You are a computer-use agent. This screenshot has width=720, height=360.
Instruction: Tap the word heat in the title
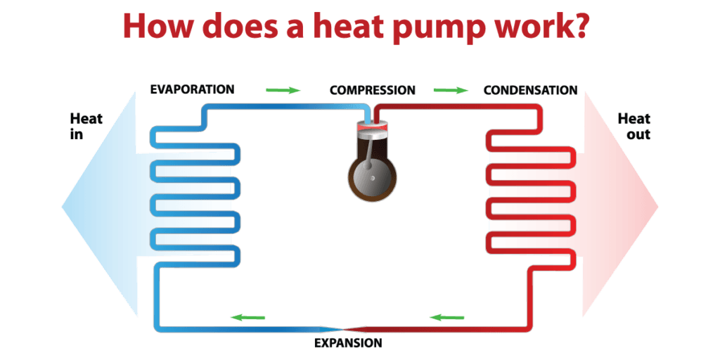(x=372, y=26)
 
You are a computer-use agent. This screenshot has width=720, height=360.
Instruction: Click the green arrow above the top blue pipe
(x=283, y=90)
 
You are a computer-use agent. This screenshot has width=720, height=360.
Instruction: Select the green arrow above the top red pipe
(x=451, y=90)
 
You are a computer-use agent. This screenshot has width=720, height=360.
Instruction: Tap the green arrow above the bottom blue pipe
(x=247, y=317)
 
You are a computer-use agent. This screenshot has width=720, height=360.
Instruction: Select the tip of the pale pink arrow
(x=657, y=206)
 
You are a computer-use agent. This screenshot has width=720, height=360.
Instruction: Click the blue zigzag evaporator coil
(x=195, y=196)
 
